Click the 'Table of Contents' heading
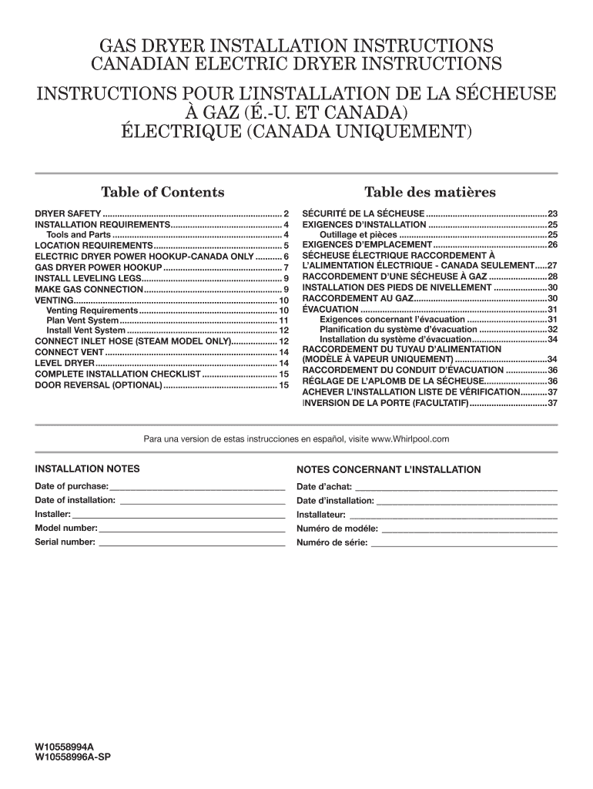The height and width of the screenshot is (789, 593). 162,192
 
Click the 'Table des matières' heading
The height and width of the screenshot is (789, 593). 429,192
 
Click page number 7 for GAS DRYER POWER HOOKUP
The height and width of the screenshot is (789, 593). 286,267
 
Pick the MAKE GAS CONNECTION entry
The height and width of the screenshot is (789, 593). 89,288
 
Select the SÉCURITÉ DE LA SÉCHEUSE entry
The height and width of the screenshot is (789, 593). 363,213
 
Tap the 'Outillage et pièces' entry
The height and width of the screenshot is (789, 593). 358,234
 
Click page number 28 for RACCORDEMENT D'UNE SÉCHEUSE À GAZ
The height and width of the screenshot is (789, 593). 551,276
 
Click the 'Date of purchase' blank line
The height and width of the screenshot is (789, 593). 197,487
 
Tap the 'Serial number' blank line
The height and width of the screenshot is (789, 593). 192,542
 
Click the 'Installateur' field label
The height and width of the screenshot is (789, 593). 321,515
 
